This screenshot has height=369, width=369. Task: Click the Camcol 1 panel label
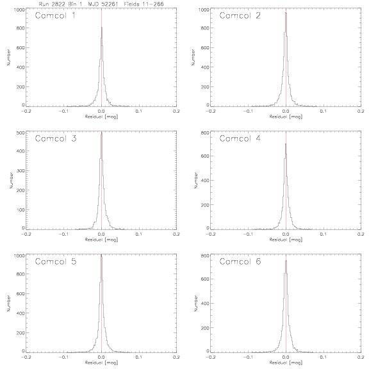coord(55,16)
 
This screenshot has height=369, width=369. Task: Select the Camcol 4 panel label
coord(240,138)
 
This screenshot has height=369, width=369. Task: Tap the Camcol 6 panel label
coord(240,261)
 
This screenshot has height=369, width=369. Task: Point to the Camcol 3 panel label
coord(56,138)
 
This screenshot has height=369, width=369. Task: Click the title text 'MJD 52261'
coord(103,4)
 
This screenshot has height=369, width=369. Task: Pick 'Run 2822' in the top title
coord(52,4)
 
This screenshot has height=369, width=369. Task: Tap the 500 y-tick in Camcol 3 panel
coord(21,133)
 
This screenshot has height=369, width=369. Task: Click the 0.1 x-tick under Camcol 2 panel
coord(324,111)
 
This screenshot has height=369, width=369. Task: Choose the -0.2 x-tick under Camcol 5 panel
coord(26,357)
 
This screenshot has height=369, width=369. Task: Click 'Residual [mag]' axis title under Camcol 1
coord(101,117)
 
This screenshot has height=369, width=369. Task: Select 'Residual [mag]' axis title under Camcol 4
coord(286,240)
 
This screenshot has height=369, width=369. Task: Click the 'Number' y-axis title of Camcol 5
coord(9,303)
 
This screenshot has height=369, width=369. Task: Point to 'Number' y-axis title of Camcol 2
coord(193,57)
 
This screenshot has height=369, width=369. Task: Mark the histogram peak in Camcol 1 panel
coord(102,27)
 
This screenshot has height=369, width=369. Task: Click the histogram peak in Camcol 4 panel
coord(286,143)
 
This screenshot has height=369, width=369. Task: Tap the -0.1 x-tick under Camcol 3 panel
coord(63,234)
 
